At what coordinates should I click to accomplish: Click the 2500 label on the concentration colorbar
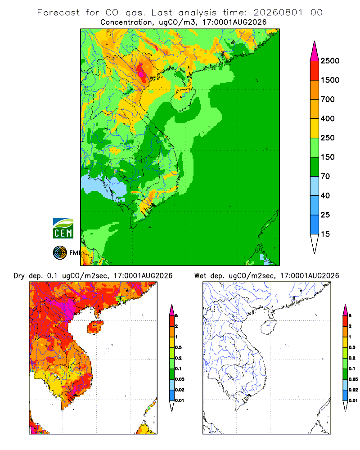(330, 61)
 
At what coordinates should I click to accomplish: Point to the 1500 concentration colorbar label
(330, 80)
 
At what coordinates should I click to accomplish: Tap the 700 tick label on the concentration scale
(328, 99)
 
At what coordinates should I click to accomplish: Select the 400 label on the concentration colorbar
(328, 118)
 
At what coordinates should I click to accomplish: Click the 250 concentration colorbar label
(328, 138)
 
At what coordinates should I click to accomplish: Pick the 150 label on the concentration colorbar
(328, 157)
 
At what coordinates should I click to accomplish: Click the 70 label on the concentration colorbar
(325, 176)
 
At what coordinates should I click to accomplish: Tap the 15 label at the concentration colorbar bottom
(325, 234)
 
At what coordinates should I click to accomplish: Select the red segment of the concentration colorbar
(315, 71)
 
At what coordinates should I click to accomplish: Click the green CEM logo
(63, 229)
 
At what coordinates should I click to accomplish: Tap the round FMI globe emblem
(60, 252)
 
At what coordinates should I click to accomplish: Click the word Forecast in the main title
(58, 13)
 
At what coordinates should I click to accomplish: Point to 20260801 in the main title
(278, 13)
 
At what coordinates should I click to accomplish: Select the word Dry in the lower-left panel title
(19, 276)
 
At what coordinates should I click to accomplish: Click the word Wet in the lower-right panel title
(200, 275)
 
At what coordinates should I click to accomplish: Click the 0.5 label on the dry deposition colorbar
(178, 347)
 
